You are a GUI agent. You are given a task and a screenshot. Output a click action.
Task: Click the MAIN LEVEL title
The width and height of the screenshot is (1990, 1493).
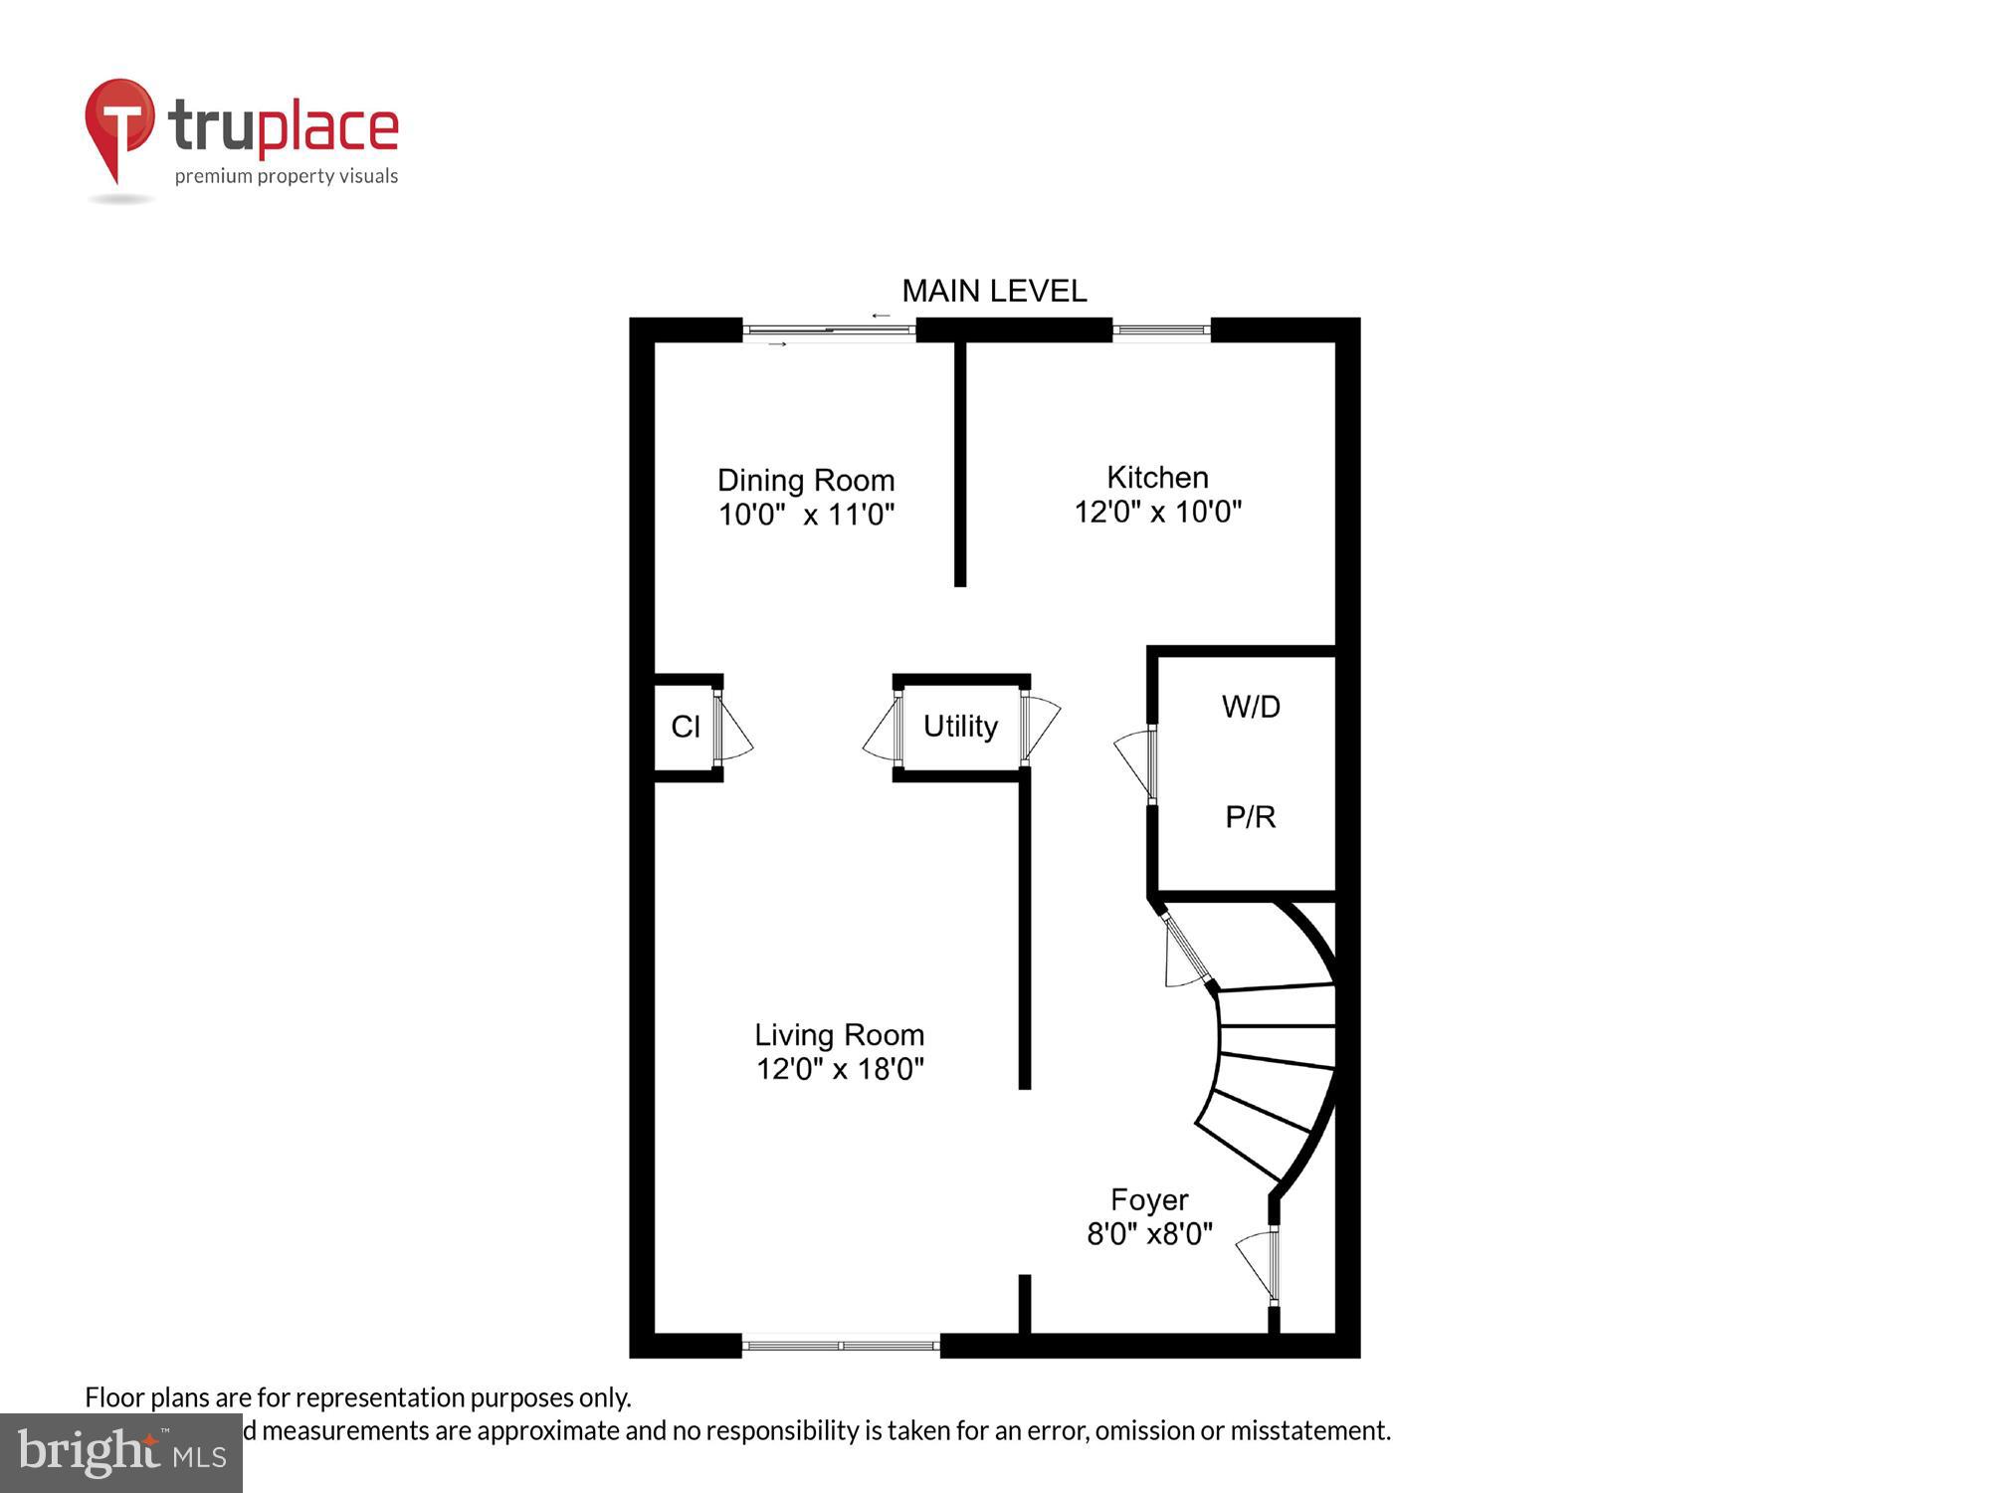click(993, 291)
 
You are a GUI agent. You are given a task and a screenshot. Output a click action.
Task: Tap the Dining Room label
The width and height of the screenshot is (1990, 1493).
click(806, 480)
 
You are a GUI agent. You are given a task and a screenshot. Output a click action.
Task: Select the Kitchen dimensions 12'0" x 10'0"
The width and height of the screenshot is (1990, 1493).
click(1157, 512)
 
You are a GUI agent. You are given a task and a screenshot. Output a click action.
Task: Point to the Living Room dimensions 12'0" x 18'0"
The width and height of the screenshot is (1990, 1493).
click(840, 1069)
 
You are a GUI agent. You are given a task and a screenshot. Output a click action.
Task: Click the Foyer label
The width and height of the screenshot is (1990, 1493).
click(1149, 1199)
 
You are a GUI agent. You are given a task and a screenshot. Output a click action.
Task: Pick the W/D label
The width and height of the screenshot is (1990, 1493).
click(1251, 707)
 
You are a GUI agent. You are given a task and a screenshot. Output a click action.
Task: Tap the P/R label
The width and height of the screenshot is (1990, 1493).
click(1250, 817)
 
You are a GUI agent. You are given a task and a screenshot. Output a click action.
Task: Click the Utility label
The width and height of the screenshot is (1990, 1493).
click(960, 727)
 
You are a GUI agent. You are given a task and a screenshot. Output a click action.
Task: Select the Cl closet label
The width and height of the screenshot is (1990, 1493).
click(686, 727)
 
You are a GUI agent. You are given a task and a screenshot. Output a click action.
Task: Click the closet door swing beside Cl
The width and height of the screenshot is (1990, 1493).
click(733, 732)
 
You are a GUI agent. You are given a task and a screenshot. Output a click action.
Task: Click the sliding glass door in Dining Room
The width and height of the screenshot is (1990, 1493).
click(829, 330)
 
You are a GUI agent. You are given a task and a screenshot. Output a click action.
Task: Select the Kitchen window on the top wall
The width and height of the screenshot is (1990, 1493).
click(1160, 329)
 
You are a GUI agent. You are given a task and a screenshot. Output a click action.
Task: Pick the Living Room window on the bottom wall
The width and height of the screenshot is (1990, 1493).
click(841, 1346)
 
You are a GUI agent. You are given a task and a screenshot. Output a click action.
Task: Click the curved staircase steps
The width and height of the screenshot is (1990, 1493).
click(1274, 1055)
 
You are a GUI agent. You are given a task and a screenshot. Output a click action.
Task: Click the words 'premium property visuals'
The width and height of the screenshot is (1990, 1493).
click(287, 176)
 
